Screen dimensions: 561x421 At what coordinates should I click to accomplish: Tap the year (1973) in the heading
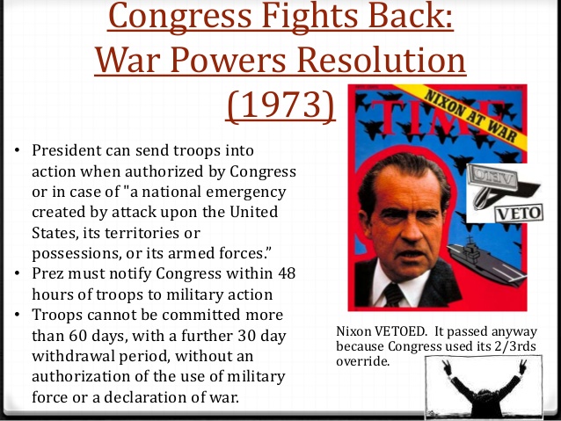click(280, 105)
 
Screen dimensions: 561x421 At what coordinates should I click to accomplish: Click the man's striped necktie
click(393, 294)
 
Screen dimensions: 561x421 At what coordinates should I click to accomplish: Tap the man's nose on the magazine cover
click(411, 230)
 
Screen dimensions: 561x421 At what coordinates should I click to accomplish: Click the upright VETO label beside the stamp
click(519, 214)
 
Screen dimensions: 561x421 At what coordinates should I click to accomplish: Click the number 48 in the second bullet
click(287, 273)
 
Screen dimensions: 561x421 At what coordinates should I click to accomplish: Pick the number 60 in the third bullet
click(77, 336)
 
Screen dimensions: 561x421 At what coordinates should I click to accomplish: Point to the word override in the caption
click(362, 361)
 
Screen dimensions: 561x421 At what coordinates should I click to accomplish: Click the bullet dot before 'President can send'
click(18, 150)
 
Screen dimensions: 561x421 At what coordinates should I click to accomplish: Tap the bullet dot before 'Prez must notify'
click(18, 273)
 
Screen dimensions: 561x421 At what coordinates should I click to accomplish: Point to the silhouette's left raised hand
click(446, 367)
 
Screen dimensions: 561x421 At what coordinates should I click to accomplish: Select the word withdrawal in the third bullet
click(73, 356)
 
